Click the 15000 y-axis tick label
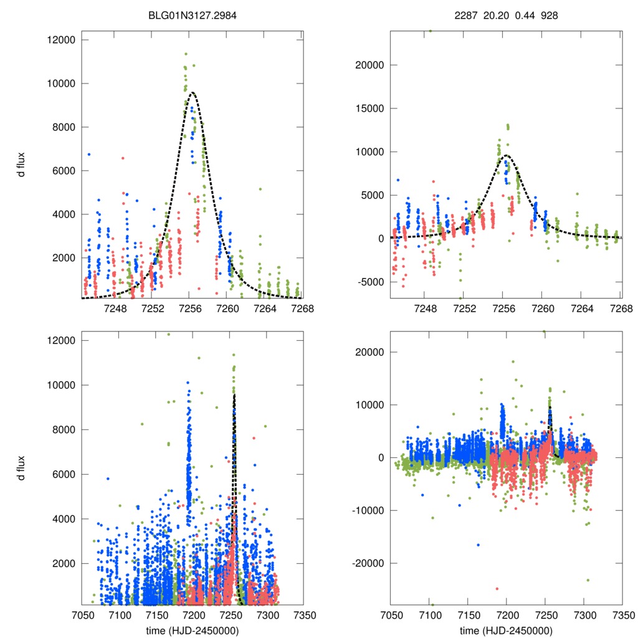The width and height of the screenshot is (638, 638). click(x=369, y=108)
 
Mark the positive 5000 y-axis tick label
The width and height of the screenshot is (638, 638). click(x=372, y=195)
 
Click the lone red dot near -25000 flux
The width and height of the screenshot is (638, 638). click(x=497, y=588)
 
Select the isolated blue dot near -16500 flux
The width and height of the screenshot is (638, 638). click(x=478, y=545)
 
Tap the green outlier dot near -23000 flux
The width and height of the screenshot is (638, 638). click(x=587, y=580)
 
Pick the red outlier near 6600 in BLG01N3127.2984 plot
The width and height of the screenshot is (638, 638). click(x=123, y=158)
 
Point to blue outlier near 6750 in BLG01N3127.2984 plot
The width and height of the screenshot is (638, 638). click(x=89, y=154)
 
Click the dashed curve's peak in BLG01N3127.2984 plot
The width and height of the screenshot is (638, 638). click(x=193, y=93)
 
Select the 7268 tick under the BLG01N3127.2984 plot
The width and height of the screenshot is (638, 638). click(x=303, y=308)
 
